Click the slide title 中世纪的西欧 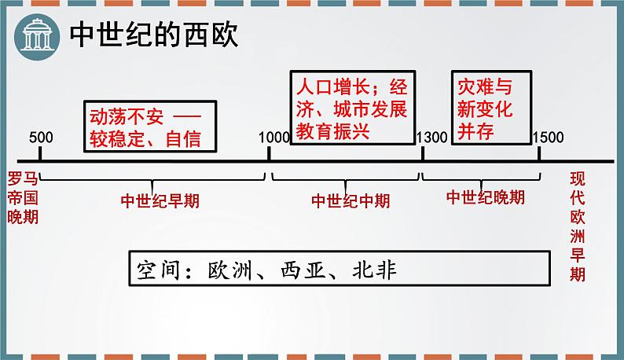coord(154,35)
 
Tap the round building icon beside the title coord(37,35)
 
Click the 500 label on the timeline coord(40,137)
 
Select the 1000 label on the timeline coord(273,137)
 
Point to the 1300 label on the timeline coord(432,137)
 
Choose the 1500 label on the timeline coord(548,137)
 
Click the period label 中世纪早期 coord(160,200)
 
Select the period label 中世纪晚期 coord(485,198)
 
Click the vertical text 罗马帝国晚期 coord(21,197)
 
